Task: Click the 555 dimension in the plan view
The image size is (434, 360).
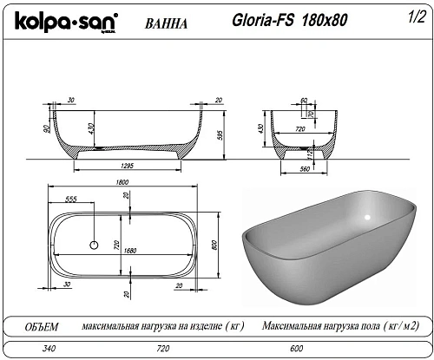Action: tap(70, 199)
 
